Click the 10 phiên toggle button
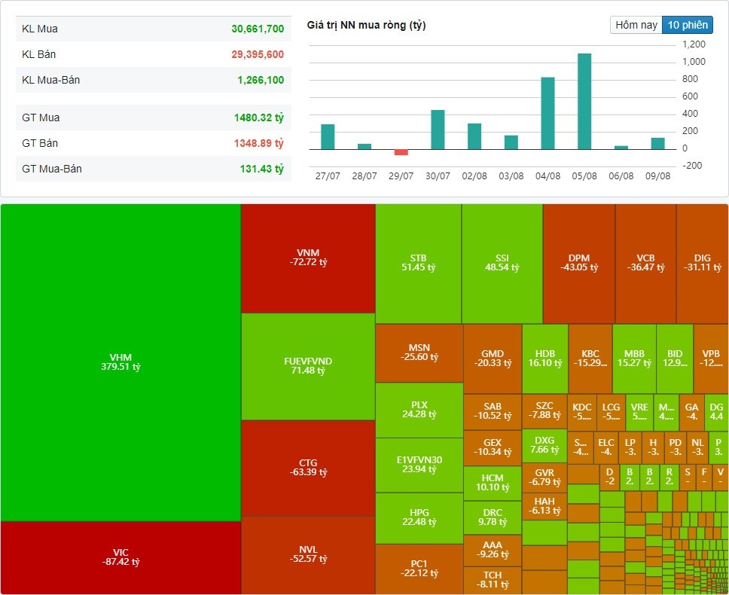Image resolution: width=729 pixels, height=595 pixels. click(688, 25)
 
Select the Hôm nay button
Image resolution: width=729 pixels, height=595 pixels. click(636, 25)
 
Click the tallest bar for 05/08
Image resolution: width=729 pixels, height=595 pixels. click(584, 102)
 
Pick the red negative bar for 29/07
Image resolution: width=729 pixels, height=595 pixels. click(401, 152)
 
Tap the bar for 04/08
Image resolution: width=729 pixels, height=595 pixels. click(548, 113)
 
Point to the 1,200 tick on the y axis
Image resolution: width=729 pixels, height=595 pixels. click(694, 44)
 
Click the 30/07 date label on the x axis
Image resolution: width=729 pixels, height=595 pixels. click(438, 175)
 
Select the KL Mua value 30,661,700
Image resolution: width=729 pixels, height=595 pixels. click(258, 29)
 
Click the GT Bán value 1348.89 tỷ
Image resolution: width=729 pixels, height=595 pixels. click(258, 143)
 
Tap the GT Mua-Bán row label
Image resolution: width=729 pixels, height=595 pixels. click(52, 169)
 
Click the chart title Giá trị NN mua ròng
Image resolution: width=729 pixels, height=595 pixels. click(366, 26)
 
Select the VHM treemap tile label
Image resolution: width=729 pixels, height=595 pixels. click(120, 362)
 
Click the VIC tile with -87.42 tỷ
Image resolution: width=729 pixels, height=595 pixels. click(120, 557)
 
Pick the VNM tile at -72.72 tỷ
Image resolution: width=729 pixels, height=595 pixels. click(308, 257)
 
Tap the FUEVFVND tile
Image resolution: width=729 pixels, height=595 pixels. click(308, 366)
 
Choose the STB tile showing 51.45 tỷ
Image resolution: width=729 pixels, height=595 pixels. click(419, 262)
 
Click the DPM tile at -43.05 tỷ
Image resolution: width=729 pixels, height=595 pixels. click(578, 262)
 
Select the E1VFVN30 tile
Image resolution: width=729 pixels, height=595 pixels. click(419, 464)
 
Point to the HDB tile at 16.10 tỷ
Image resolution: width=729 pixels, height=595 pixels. click(544, 358)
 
